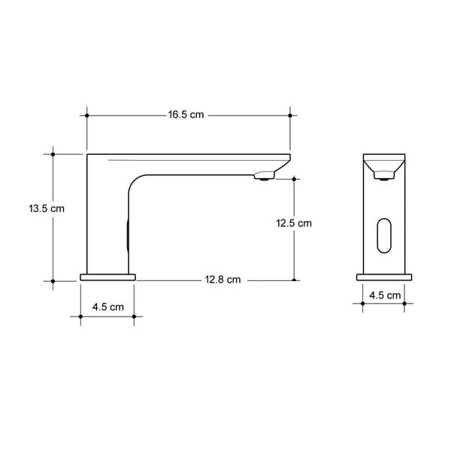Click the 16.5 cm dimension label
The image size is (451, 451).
[186, 115]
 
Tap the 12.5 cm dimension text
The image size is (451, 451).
[293, 223]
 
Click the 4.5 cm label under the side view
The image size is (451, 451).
[107, 307]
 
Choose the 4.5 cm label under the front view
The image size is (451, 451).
[384, 295]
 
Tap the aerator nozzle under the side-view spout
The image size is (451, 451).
[263, 177]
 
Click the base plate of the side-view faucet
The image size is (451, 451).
[107, 277]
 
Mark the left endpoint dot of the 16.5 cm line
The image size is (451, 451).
[87, 115]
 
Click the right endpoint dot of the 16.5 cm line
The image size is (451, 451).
[290, 115]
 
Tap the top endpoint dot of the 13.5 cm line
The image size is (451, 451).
[53, 154]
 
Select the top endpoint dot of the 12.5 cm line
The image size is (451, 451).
[294, 180]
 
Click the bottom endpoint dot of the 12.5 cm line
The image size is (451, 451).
[294, 280]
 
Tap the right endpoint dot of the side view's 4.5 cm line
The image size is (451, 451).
[134, 316]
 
